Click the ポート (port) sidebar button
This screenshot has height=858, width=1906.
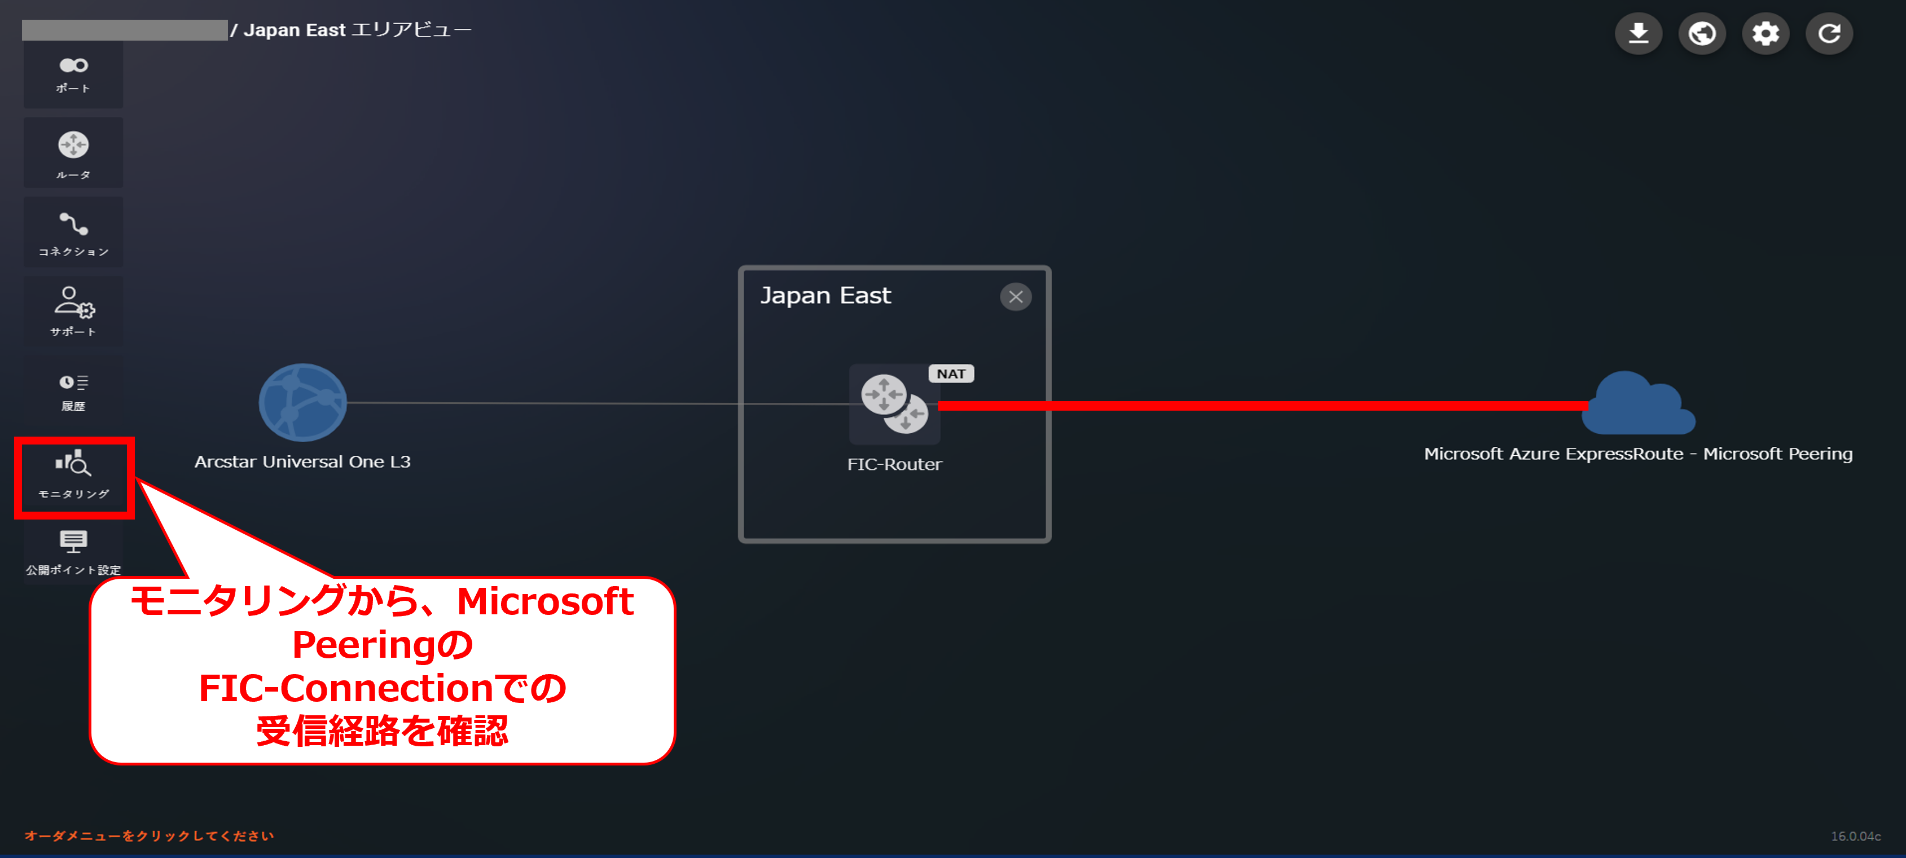(73, 74)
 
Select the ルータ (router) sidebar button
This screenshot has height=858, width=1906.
(73, 153)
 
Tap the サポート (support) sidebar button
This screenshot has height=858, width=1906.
(73, 311)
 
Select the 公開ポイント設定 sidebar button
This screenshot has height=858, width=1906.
(73, 552)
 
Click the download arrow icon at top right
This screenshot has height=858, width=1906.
(1638, 33)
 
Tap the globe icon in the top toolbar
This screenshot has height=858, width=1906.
(1702, 33)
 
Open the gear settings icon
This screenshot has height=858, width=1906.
(1766, 33)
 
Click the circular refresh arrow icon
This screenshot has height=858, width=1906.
(1829, 33)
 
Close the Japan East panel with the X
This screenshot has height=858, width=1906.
(1015, 297)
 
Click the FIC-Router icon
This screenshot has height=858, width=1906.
(894, 404)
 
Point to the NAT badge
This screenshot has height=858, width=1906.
(951, 373)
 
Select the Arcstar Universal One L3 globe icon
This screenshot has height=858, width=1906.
(302, 402)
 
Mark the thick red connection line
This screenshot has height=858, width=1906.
(1258, 406)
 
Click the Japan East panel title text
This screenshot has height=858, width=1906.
(825, 295)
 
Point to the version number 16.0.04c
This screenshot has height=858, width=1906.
(1856, 836)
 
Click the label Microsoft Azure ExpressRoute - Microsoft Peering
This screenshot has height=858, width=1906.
(1638, 454)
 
